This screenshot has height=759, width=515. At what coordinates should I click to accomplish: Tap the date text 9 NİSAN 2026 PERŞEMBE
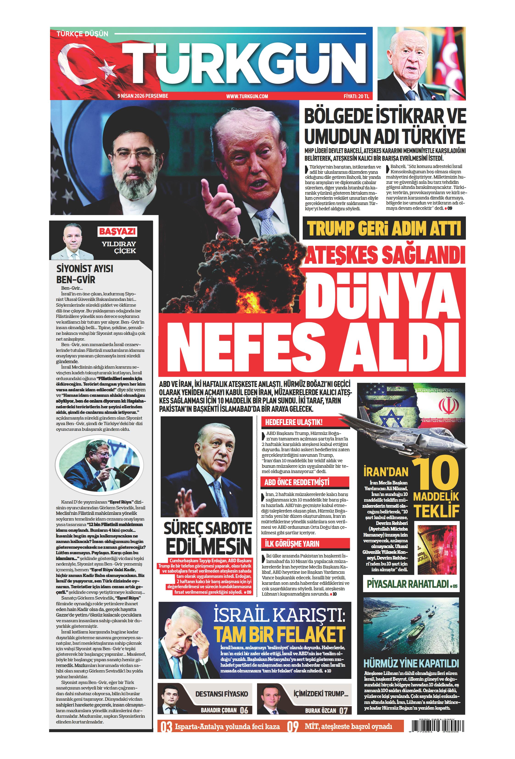click(143, 96)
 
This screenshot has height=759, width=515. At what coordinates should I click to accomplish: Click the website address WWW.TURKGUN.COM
click(247, 96)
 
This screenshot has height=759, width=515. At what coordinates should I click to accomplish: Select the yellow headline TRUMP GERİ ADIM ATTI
click(384, 228)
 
